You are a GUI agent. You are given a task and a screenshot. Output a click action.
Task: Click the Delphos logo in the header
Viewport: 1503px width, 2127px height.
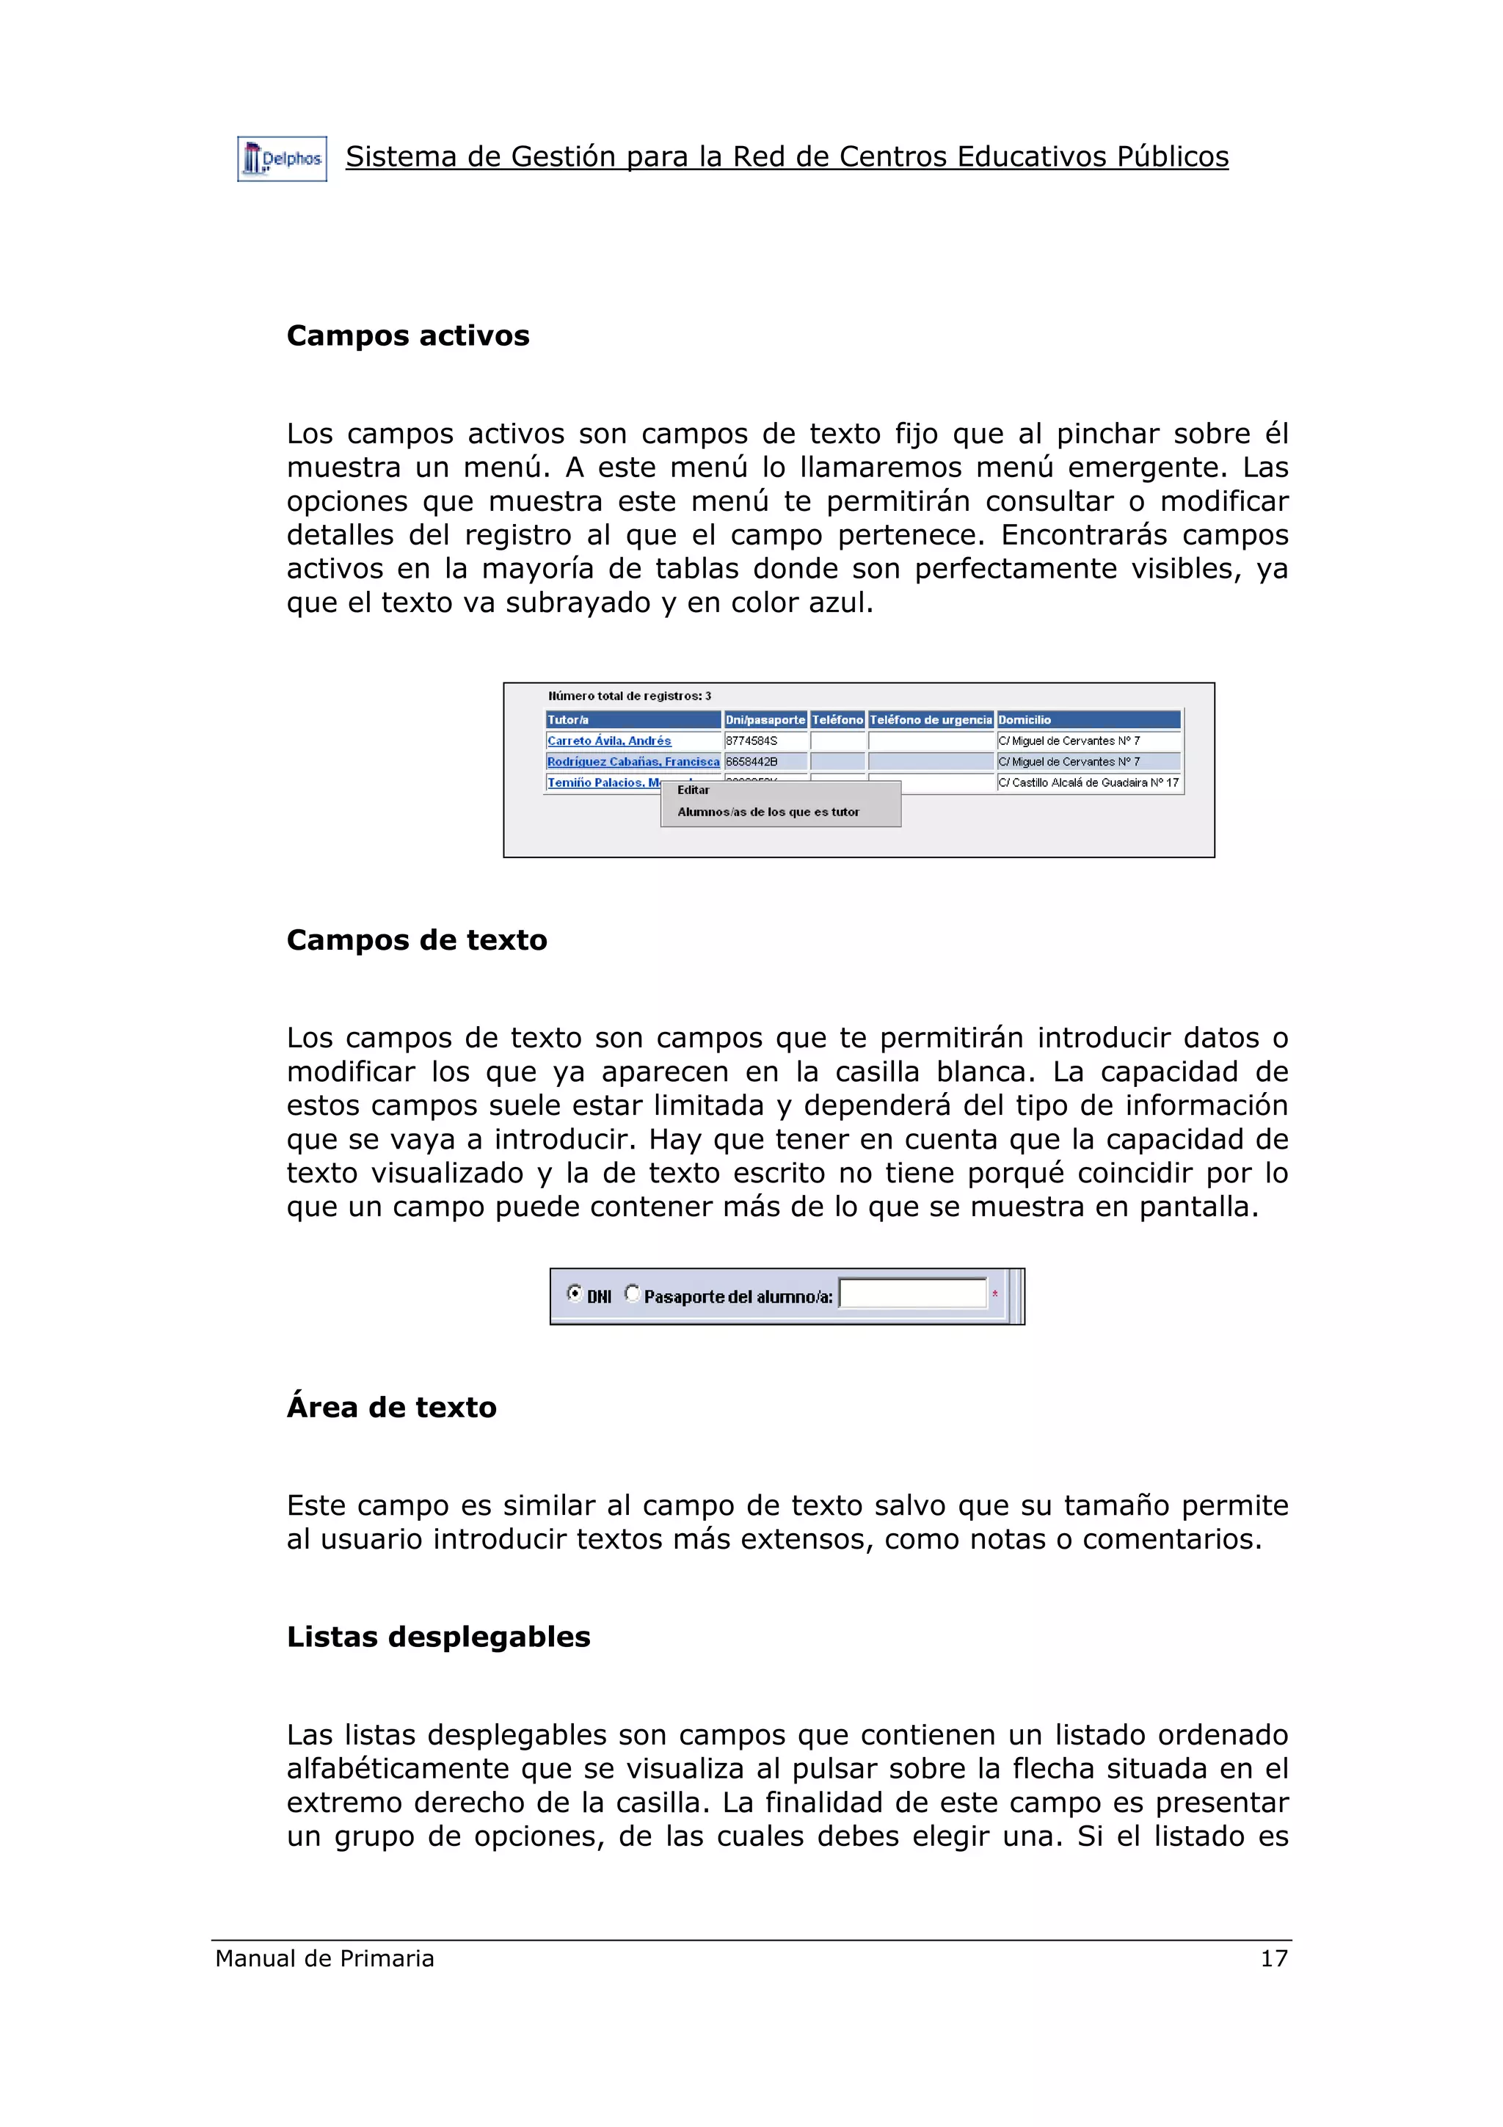click(x=282, y=159)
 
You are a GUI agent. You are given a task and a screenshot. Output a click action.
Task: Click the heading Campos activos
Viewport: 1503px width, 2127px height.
click(x=407, y=335)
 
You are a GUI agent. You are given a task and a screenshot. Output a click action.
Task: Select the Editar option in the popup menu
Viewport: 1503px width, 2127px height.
click(x=693, y=790)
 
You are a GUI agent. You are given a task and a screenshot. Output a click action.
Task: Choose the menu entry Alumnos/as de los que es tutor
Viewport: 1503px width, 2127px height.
click(x=768, y=812)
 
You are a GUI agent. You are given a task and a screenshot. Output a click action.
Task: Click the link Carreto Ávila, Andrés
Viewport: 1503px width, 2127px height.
click(x=608, y=741)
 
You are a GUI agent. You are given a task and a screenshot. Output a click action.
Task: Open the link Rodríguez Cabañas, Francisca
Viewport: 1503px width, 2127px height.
click(x=633, y=762)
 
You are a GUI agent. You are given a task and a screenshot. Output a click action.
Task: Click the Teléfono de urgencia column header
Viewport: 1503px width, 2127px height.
click(x=930, y=720)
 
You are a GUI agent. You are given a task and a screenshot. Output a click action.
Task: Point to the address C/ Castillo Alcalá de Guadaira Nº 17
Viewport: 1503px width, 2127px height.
click(x=1088, y=783)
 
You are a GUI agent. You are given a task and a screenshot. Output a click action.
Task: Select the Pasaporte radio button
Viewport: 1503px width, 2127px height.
click(x=632, y=1293)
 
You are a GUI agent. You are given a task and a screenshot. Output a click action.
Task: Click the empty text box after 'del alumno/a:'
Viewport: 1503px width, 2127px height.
click(x=912, y=1294)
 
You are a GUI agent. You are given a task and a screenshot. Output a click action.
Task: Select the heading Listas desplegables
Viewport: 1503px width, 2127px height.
click(x=438, y=1637)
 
